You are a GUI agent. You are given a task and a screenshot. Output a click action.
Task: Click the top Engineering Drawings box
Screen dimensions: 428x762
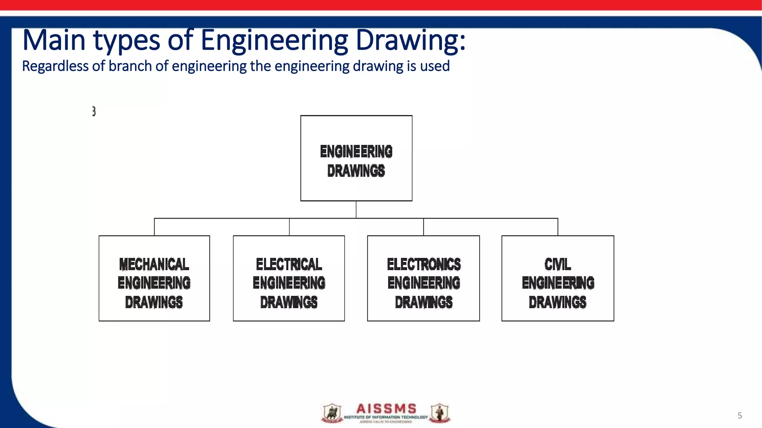pos(356,158)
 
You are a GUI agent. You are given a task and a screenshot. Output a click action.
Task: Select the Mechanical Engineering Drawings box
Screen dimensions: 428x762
pos(154,278)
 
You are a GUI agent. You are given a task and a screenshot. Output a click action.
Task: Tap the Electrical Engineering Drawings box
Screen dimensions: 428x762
pos(289,278)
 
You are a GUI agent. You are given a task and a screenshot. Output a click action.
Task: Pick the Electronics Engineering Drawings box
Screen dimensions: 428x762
pos(423,278)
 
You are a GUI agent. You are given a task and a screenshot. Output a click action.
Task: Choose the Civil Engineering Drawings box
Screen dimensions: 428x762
pos(558,278)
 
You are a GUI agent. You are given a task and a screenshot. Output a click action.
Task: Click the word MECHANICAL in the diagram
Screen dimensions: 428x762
pos(154,265)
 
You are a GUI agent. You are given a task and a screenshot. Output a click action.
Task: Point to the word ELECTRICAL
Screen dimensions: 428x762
pos(289,265)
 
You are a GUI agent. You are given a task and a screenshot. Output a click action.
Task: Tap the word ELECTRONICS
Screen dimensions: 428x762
pos(424,265)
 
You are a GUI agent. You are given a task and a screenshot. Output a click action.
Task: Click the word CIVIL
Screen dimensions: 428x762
pos(557,265)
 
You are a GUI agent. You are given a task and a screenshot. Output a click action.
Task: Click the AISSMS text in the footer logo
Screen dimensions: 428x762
pos(386,409)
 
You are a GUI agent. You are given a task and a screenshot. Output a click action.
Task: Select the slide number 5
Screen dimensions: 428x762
pos(740,415)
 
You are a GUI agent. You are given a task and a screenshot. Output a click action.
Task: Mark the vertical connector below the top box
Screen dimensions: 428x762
pos(356,210)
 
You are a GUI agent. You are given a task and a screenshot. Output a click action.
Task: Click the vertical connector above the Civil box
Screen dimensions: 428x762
pos(558,227)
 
